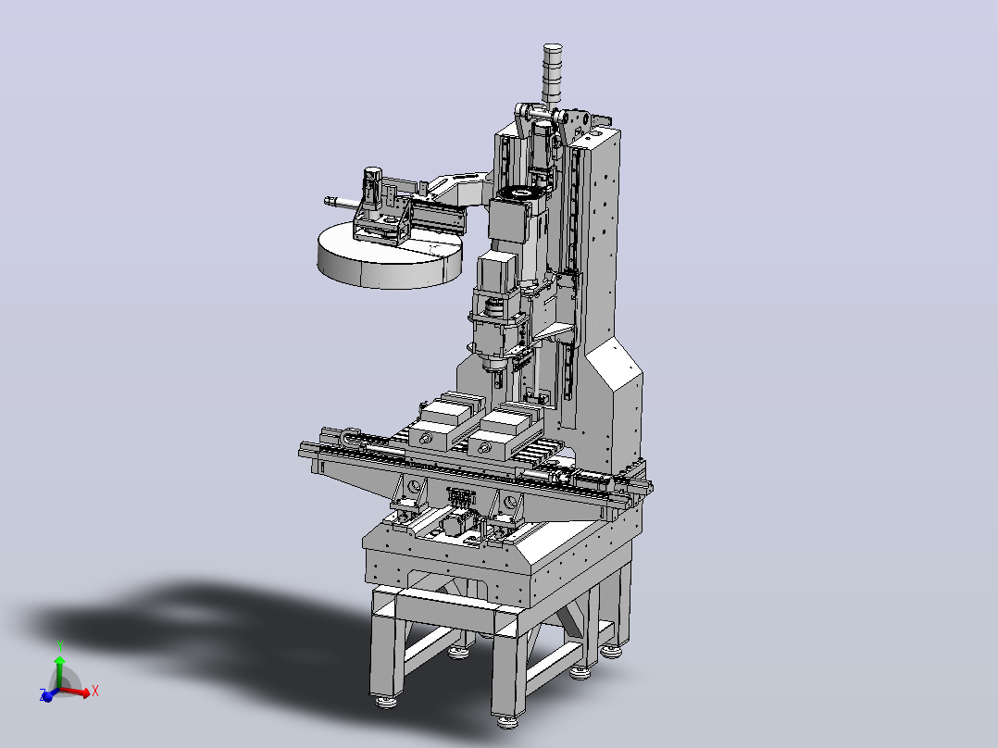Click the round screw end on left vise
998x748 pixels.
click(425, 439)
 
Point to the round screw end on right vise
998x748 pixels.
click(486, 448)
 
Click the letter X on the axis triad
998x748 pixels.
click(94, 691)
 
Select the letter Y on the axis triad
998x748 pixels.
click(60, 646)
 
